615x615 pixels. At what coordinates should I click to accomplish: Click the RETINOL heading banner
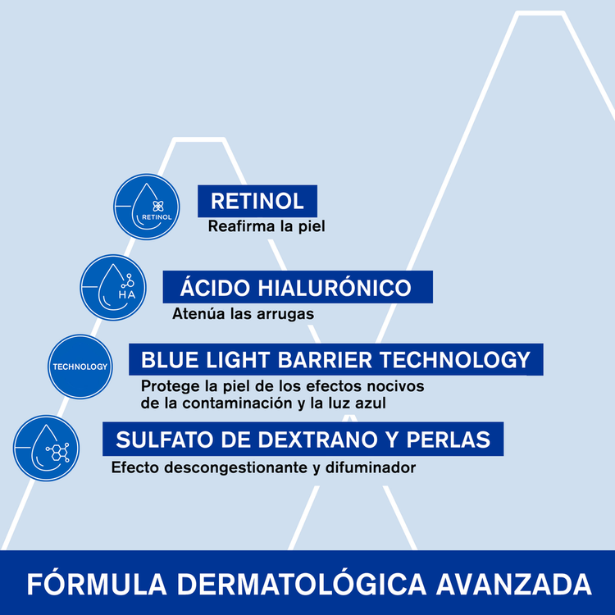[x=257, y=201]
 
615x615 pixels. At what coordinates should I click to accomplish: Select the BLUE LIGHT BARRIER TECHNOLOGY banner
[x=335, y=360]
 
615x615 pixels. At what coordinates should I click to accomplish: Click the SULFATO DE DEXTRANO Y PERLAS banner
[x=303, y=440]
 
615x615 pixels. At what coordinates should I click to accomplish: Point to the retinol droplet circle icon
[x=146, y=207]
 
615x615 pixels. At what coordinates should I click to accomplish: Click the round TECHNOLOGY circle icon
[x=80, y=366]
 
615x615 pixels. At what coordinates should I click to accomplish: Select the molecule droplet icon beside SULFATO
[x=46, y=447]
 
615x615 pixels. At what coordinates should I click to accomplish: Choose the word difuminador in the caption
[x=373, y=468]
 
